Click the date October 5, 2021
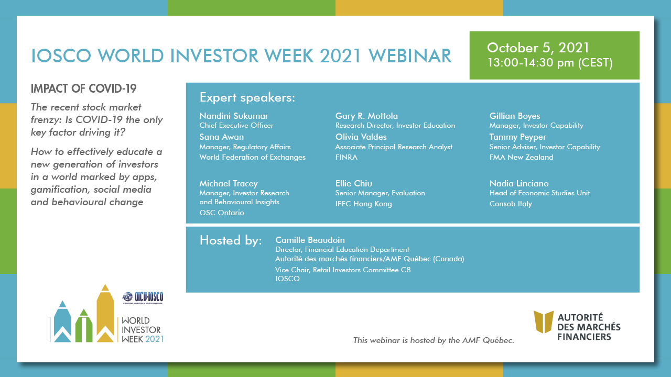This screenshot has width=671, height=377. pos(538,48)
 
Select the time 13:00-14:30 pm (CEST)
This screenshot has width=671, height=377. pos(550,63)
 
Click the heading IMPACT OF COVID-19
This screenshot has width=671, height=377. pos(83,88)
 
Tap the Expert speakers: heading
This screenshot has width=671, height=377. pos(247,97)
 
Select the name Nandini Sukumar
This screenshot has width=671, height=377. pos(234,116)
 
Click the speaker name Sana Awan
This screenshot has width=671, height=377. pos(222,137)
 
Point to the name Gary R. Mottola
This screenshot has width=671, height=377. pos(366,116)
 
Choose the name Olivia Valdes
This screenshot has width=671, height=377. pos(361,137)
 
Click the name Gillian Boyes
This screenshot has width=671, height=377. pos(515,116)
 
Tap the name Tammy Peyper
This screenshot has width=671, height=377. pos(517,137)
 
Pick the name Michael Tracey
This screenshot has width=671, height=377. pos(229,183)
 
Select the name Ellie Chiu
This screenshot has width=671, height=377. pos(354,183)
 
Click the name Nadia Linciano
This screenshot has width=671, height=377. pos(519,183)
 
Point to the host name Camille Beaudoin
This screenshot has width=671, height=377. pos(310,240)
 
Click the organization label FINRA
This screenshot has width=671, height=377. pos(347,157)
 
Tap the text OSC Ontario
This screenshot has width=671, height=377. pos(222,213)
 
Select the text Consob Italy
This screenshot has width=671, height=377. pos(511,204)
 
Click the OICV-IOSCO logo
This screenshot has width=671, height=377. pos(143,297)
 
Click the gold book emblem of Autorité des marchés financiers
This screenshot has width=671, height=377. pos(544,322)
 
